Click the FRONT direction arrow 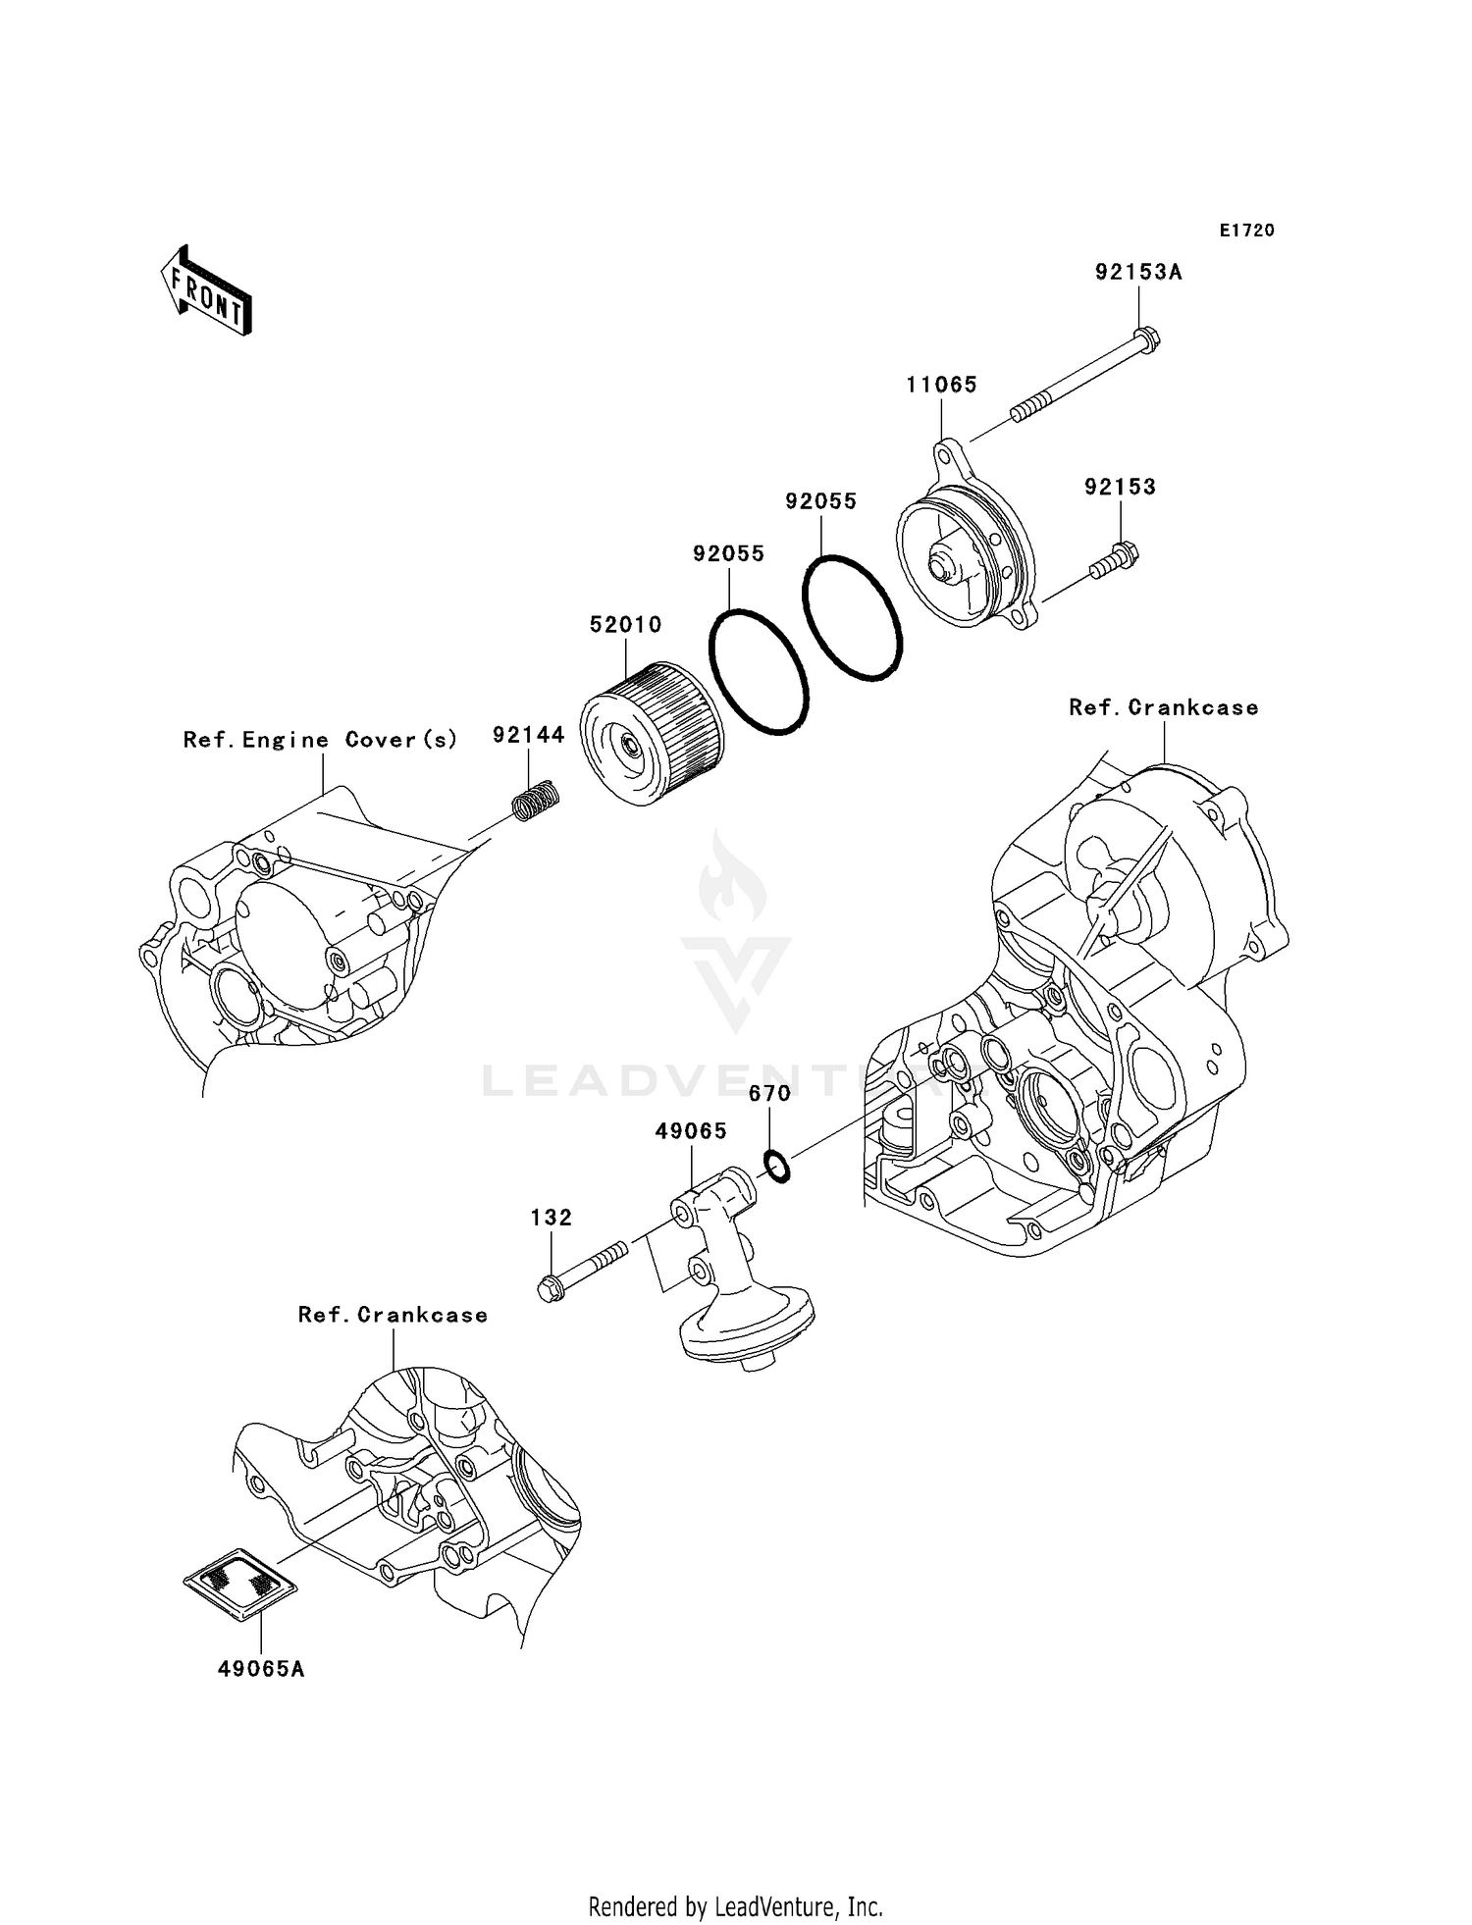207,291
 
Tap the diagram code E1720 1246,231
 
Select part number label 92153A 1138,273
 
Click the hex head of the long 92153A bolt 1147,339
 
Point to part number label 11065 941,386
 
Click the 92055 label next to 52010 728,553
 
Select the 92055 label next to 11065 820,501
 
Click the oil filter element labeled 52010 650,734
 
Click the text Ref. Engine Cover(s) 320,740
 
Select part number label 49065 691,1131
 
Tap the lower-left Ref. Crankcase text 393,1315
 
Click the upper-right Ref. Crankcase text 1163,707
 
